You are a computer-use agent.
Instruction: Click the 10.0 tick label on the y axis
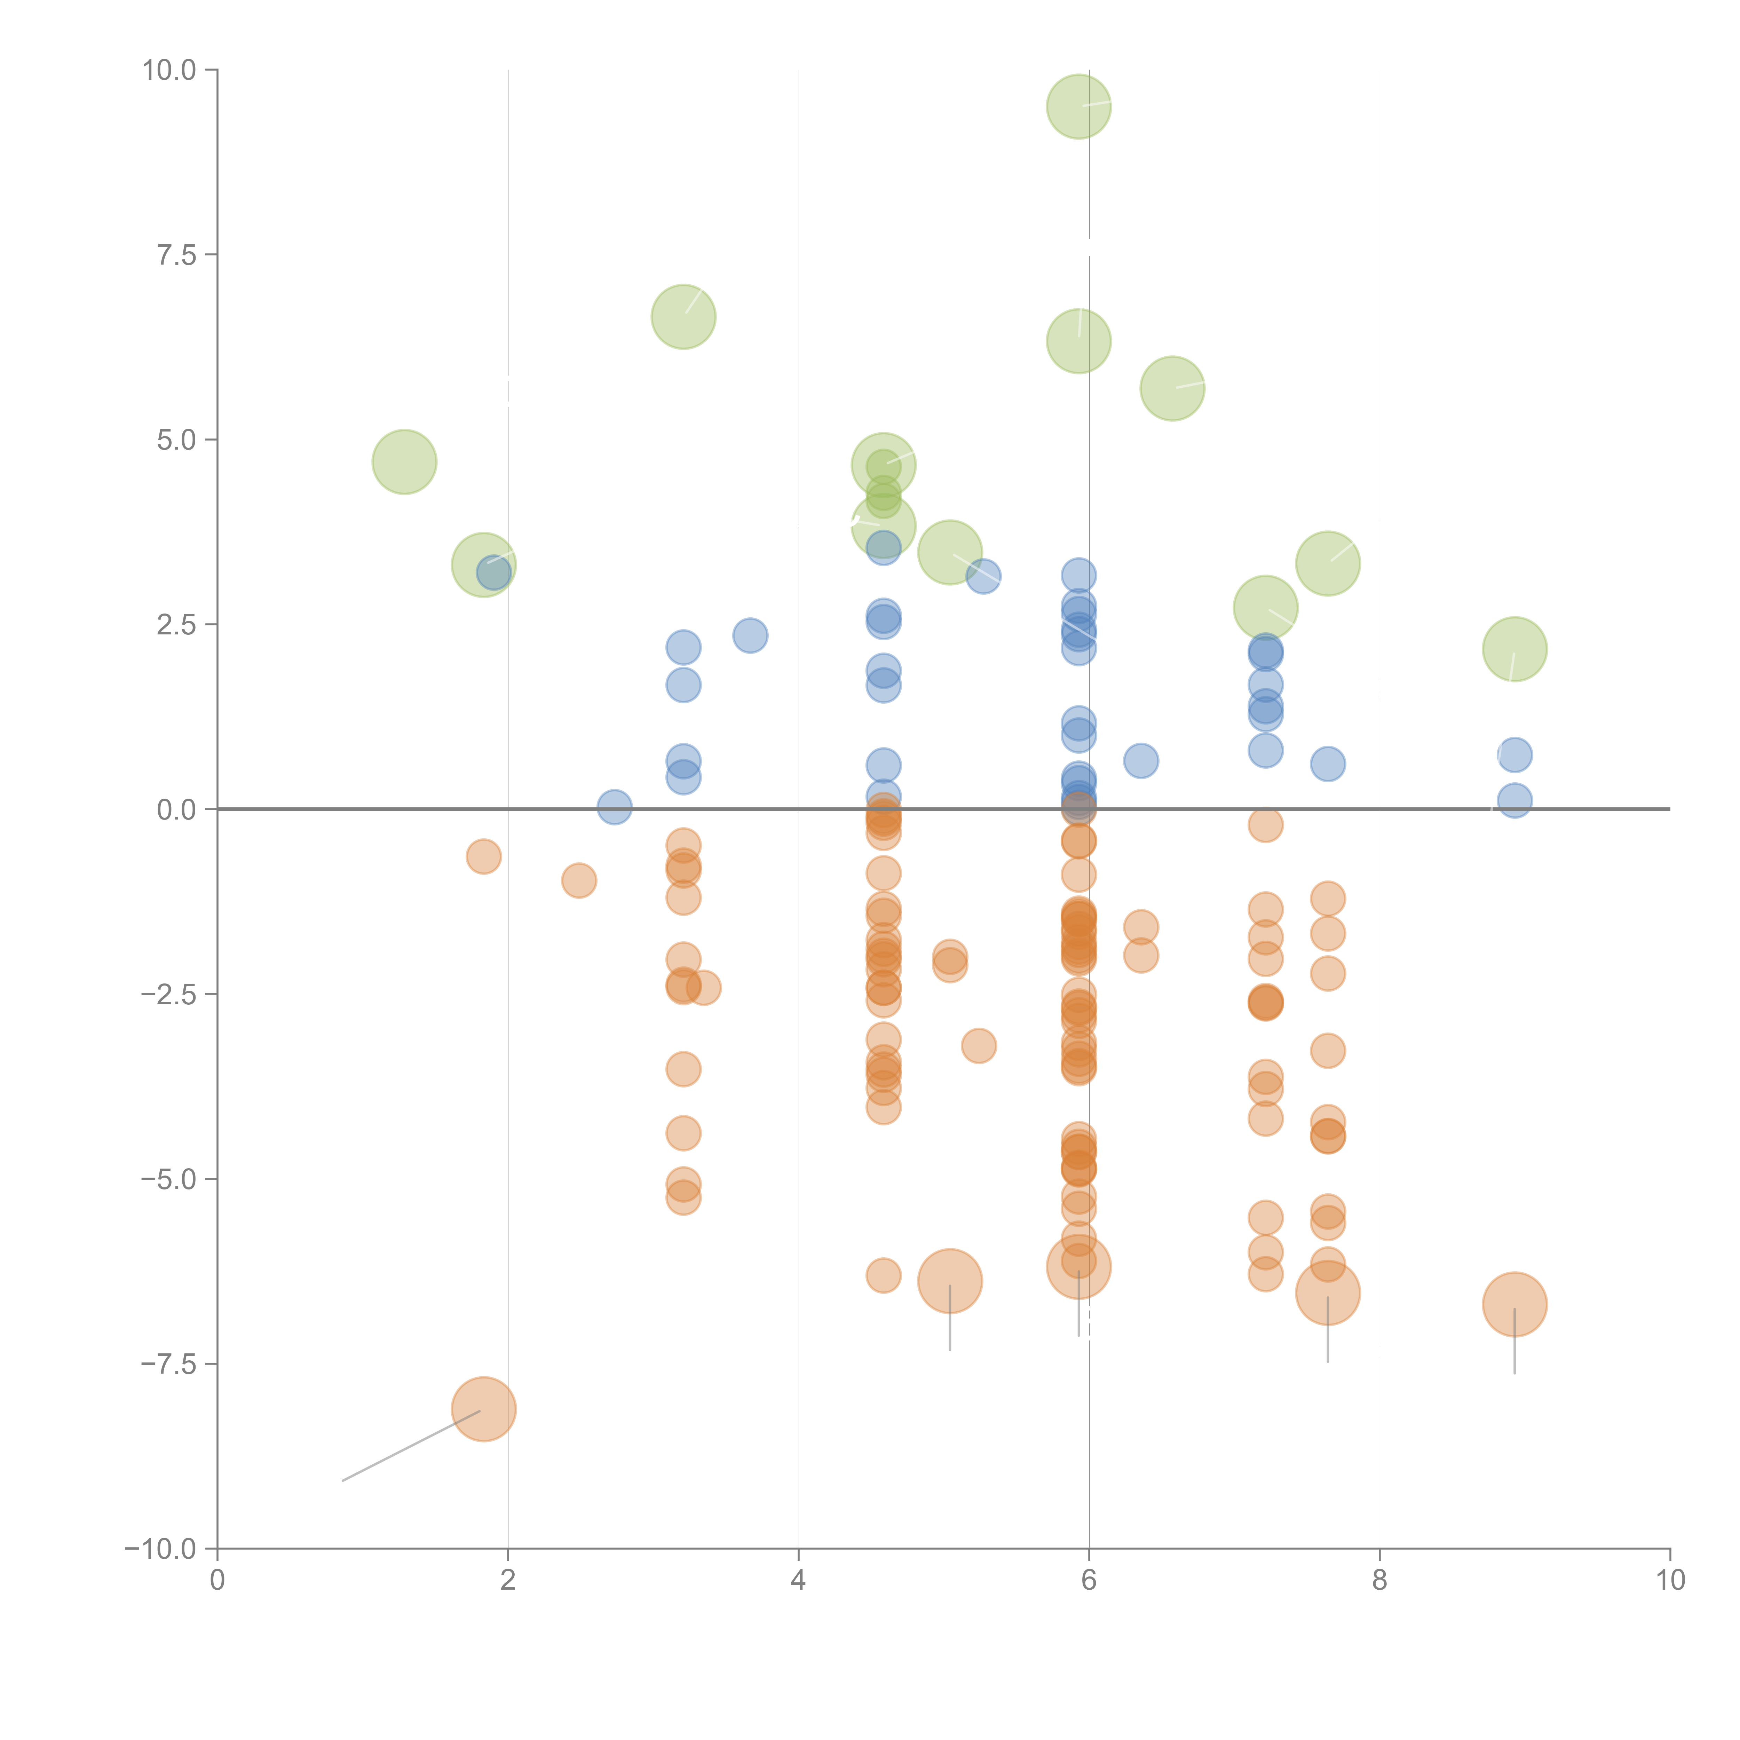(x=169, y=70)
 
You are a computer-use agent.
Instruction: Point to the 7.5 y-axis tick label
(x=176, y=255)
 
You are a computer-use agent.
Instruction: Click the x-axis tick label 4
(x=798, y=1581)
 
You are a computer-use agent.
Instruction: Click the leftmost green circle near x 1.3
(x=404, y=462)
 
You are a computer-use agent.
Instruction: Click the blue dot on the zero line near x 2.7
(x=614, y=807)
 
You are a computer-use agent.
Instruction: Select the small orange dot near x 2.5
(x=578, y=880)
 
